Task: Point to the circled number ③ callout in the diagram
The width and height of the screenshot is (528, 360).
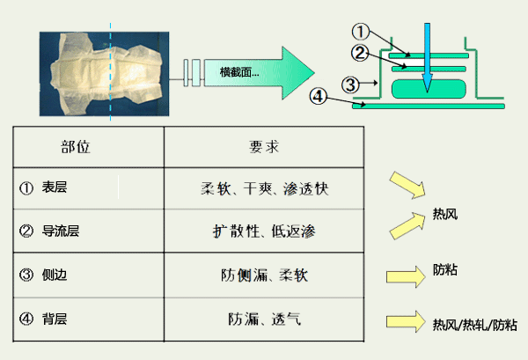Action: pyautogui.click(x=350, y=84)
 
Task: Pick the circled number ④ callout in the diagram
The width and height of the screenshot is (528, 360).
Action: pyautogui.click(x=321, y=94)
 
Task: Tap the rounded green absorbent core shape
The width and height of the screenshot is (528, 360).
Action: pyautogui.click(x=427, y=88)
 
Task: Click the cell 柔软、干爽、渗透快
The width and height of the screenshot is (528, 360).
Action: pyautogui.click(x=265, y=188)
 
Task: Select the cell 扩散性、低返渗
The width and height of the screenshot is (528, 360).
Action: pyautogui.click(x=265, y=231)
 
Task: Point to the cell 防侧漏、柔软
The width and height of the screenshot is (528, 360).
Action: pyautogui.click(x=265, y=275)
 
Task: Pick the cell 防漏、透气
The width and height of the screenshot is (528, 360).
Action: pyautogui.click(x=265, y=318)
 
